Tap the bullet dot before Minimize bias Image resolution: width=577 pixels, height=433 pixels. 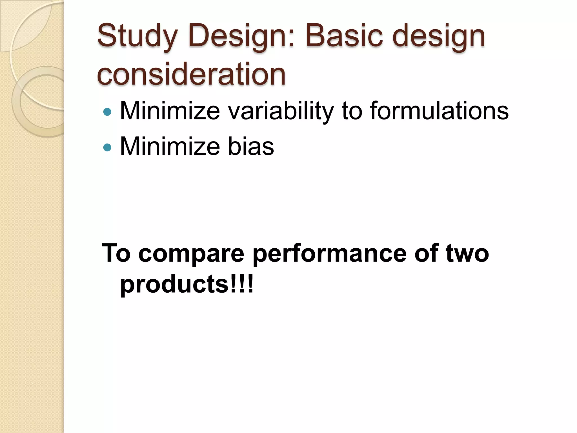[107, 147]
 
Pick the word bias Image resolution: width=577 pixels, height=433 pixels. [251, 146]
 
